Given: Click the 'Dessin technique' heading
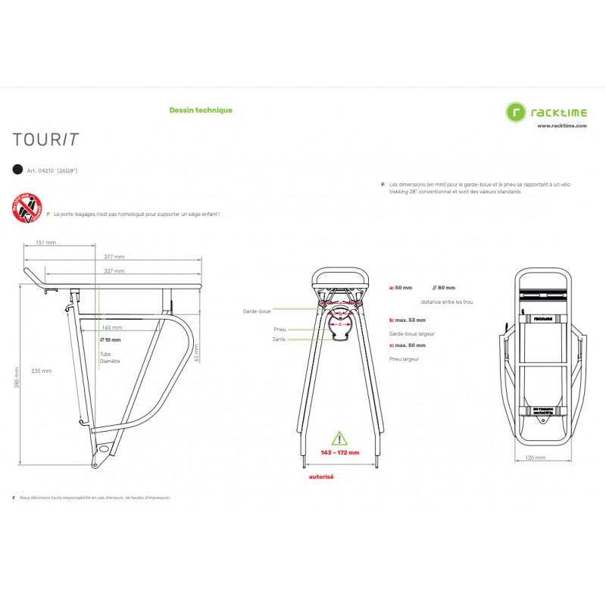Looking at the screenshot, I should [201, 110].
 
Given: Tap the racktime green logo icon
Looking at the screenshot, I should [517, 112].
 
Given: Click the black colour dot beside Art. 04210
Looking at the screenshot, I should [17, 170].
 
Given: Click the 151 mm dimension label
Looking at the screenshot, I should [45, 243].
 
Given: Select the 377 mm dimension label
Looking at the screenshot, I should [114, 258].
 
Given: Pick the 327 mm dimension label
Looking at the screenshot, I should [114, 270].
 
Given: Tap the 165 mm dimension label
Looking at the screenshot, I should [111, 327].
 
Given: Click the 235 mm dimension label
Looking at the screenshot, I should [42, 371].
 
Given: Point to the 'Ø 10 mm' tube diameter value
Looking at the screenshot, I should [110, 340].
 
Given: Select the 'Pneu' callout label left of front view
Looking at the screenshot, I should [280, 330].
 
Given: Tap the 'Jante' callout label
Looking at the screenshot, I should [279, 339].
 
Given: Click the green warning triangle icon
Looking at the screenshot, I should [339, 439].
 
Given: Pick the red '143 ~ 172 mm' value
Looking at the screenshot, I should [339, 452].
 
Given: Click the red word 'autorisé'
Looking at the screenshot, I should [322, 477].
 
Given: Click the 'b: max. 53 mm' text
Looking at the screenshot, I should [408, 320].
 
